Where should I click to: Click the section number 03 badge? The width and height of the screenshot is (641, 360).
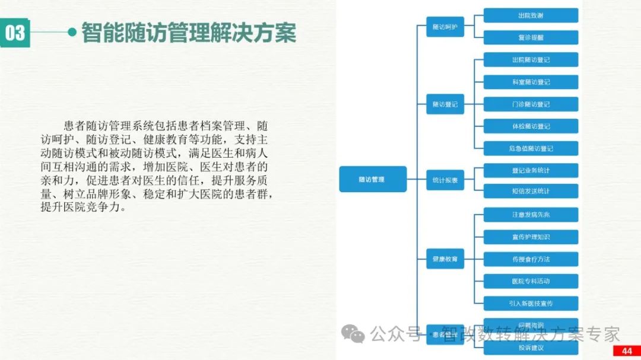point(15,33)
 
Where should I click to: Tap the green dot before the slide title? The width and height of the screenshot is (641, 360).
point(72,32)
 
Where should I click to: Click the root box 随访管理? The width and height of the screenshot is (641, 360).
point(372,179)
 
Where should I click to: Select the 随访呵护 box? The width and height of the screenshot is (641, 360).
point(445,27)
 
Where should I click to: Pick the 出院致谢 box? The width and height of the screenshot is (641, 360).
point(531,15)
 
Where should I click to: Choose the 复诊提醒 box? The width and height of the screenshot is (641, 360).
point(531,37)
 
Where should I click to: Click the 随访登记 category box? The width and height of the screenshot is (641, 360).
point(445,104)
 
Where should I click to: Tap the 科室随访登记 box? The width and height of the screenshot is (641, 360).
point(531,82)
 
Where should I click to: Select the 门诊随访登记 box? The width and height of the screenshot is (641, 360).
point(531,104)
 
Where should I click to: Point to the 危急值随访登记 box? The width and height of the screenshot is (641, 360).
point(531,148)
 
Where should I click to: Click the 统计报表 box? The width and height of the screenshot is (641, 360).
point(445,180)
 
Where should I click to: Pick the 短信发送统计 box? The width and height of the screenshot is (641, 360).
point(531,191)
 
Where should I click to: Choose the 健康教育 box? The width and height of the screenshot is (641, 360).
point(445,259)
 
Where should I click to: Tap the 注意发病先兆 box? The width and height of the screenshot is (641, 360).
point(531,215)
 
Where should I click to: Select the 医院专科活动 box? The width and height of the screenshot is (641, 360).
point(531,281)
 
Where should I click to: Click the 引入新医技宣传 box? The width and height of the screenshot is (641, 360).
point(531,303)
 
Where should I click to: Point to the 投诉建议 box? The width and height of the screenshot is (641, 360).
point(531,348)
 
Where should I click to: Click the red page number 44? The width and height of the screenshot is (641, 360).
point(627,351)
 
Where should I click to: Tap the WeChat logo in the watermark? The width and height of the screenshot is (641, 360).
point(357,334)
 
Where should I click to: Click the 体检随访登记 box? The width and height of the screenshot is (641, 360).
point(531,126)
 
